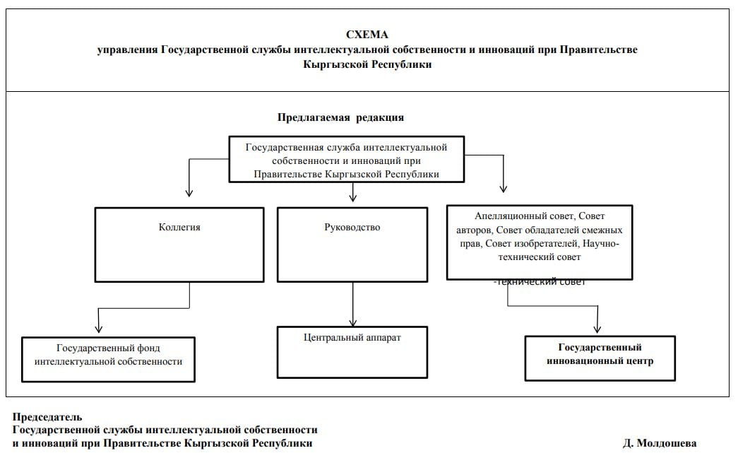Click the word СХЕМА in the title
tap(367, 35)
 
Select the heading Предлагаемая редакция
tap(340, 117)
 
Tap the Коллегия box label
tap(179, 228)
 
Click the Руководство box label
tap(352, 228)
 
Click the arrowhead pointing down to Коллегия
tap(189, 192)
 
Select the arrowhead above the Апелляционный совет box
tap(503, 188)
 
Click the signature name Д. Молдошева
tap(660, 443)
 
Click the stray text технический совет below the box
tap(541, 282)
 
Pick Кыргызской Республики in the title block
tap(367, 64)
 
